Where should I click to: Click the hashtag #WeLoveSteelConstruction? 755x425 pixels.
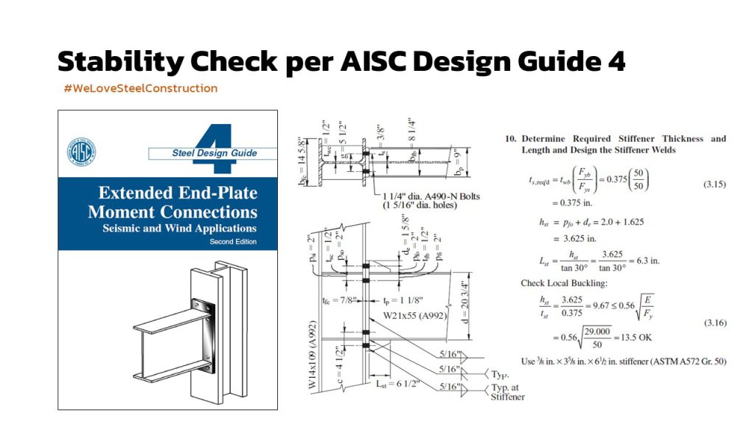tap(141, 89)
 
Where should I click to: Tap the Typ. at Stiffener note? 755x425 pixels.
tap(508, 391)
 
